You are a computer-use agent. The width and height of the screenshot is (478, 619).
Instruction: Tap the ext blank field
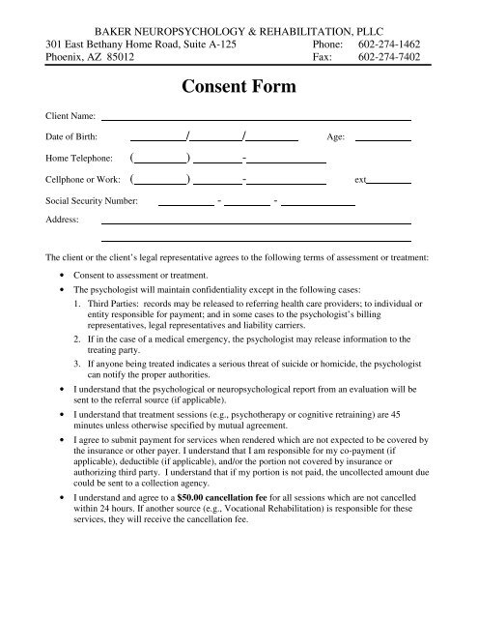click(390, 180)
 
